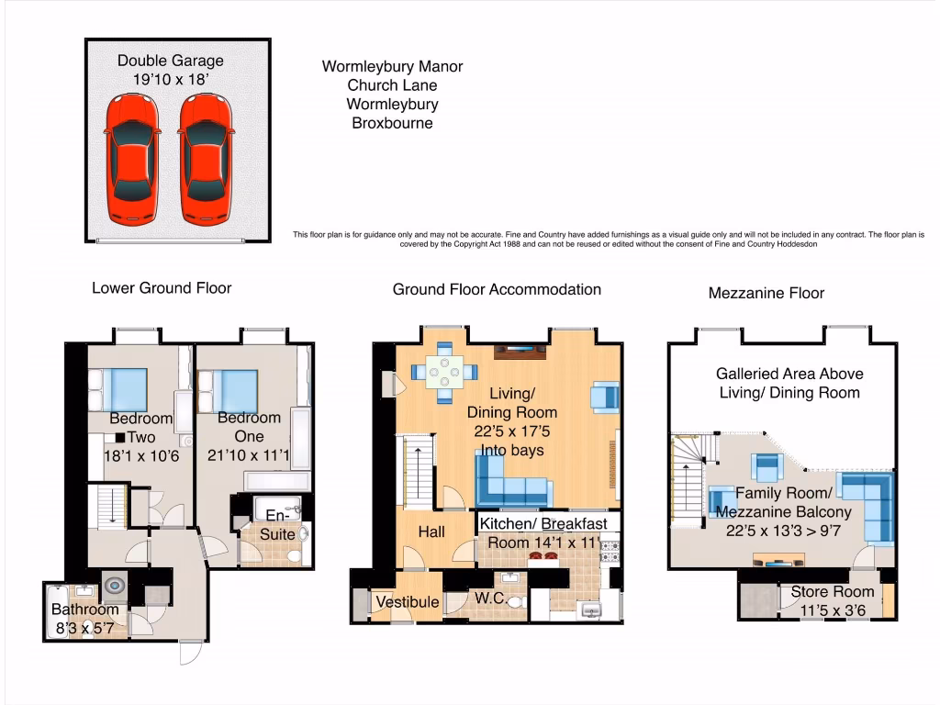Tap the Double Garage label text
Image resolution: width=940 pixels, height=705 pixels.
point(170,70)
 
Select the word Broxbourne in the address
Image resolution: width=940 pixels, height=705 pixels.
point(392,123)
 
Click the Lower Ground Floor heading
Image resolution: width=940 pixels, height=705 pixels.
point(162,288)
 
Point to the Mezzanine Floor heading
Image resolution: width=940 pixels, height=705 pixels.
point(767,294)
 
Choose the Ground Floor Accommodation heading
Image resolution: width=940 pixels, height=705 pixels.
point(497,289)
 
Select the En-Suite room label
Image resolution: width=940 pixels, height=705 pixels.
point(277,525)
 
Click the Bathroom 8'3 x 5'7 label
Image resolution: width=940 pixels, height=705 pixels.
point(84,619)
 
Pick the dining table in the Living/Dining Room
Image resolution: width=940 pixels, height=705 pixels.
point(445,371)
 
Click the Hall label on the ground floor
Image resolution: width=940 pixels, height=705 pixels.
point(431,532)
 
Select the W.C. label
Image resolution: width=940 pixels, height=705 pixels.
point(488,599)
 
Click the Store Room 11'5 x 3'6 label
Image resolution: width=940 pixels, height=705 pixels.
point(833,601)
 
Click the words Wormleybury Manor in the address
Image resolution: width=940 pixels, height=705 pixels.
point(392,67)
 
